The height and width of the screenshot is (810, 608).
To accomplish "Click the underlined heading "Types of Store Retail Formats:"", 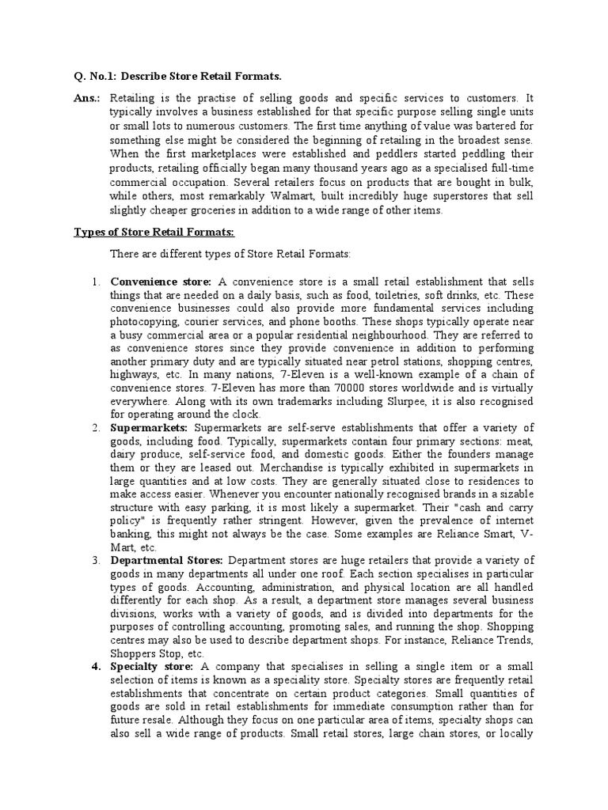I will pyautogui.click(x=154, y=232).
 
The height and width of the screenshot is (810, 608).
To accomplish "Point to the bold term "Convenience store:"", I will pyautogui.click(x=161, y=281).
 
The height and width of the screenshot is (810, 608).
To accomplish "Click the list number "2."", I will pyautogui.click(x=94, y=428).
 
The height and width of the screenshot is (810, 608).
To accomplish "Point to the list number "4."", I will pyautogui.click(x=94, y=666).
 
